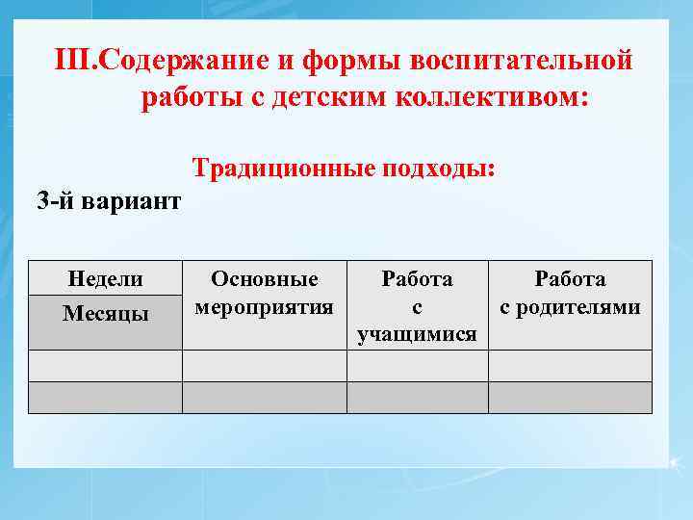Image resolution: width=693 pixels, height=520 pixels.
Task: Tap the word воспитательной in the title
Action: point(521,61)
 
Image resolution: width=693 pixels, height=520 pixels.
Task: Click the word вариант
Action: point(134,202)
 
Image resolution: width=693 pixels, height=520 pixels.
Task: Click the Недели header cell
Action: point(105,279)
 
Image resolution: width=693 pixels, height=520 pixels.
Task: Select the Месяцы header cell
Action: point(105,313)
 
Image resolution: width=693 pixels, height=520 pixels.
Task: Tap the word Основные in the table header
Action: point(264,279)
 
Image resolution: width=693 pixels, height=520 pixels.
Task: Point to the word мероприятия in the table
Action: point(264,307)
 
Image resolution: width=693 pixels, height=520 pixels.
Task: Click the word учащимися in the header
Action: point(417,334)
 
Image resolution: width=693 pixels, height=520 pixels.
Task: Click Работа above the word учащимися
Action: point(417,279)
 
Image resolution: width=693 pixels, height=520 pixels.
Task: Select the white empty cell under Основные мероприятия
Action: point(264,366)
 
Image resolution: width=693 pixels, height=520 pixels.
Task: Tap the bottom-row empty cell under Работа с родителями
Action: point(570,398)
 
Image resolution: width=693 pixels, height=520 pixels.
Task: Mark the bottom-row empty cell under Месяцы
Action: point(105,398)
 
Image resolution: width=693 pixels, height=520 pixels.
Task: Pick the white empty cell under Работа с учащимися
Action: point(417,366)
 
